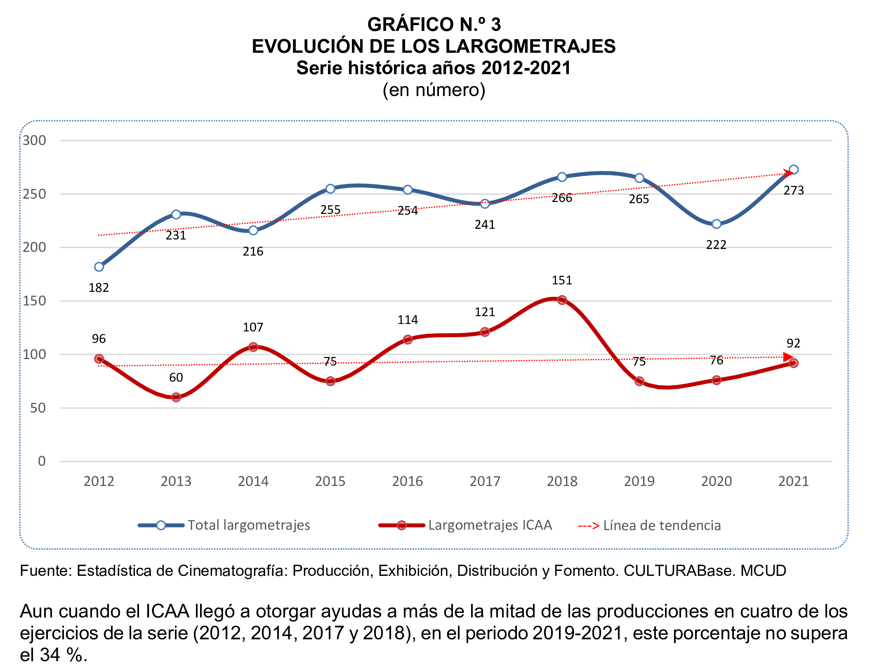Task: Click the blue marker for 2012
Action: pos(99,267)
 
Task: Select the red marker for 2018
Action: pos(562,300)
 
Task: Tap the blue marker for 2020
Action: pos(717,224)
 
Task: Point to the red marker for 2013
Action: pos(176,397)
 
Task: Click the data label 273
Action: pos(794,190)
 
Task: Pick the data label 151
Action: pos(562,280)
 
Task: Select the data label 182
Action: pos(99,288)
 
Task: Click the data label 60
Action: pos(176,377)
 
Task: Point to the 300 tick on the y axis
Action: pos(34,141)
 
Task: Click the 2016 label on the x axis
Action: pos(408,481)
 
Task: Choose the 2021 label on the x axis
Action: pos(793,481)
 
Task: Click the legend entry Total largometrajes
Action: pos(249,525)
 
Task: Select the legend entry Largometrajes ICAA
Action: pos(490,525)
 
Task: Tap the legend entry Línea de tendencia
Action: pos(662,526)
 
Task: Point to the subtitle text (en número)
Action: pos(434,90)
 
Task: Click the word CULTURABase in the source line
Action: pos(679,571)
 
